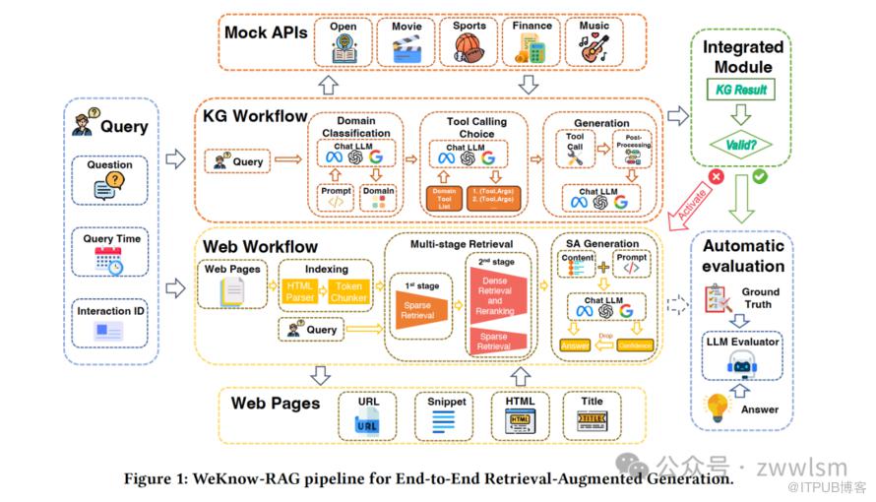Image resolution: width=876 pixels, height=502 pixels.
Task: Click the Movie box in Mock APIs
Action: pos(406,40)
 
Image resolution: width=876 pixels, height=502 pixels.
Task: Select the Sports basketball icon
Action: pos(469,46)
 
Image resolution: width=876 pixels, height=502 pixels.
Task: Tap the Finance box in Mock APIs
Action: pos(532,40)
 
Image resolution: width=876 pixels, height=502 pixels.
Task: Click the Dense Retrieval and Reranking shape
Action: pos(495,293)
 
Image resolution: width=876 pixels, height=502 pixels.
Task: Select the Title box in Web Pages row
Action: pos(593,414)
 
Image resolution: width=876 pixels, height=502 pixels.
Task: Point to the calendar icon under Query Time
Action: pos(108,261)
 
